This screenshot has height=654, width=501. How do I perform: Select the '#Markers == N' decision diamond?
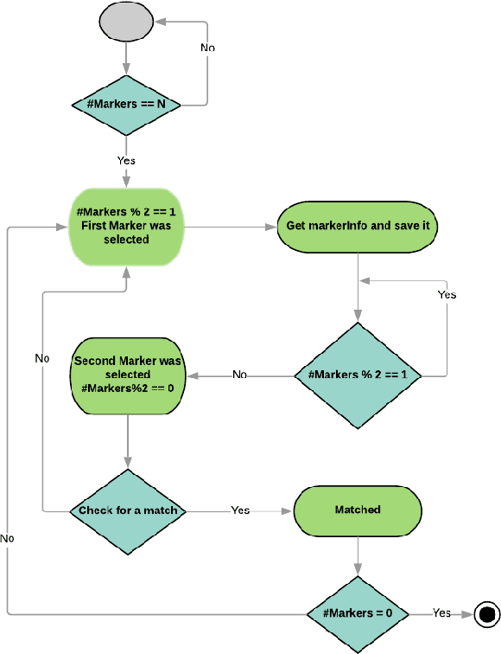click(x=127, y=104)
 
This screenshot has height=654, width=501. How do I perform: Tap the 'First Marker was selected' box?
click(x=126, y=227)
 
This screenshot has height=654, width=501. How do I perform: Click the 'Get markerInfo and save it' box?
click(x=358, y=227)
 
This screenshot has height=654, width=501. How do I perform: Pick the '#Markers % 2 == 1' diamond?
click(x=358, y=375)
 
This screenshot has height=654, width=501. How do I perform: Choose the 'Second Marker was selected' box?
click(x=127, y=375)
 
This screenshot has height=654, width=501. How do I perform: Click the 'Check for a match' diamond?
click(x=128, y=510)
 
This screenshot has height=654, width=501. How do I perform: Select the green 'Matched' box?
click(x=358, y=510)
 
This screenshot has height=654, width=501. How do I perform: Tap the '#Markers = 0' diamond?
click(x=358, y=613)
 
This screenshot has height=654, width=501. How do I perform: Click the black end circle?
click(x=487, y=613)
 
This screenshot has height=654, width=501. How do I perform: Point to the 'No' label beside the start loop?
click(x=208, y=48)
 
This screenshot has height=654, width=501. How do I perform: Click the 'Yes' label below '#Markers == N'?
click(x=126, y=160)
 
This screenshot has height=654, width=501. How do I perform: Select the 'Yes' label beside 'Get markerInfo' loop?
click(x=447, y=295)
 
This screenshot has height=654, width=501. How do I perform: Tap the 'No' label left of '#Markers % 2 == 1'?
click(x=239, y=375)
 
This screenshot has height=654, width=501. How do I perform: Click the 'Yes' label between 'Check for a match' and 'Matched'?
click(x=240, y=510)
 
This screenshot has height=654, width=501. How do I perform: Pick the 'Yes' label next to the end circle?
click(x=441, y=612)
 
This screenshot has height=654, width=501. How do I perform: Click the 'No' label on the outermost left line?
click(x=7, y=538)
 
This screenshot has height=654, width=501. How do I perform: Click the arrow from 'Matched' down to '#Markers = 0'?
click(x=358, y=554)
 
